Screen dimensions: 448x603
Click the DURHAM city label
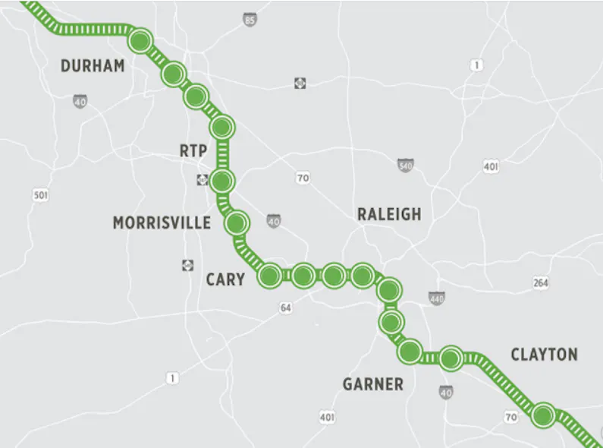[93, 66]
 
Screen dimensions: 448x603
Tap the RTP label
[193, 151]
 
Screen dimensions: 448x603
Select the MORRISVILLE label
[162, 222]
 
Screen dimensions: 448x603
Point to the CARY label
[225, 279]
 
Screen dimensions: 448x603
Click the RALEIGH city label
[389, 214]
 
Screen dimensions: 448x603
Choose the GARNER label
[373, 384]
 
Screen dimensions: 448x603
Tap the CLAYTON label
[544, 355]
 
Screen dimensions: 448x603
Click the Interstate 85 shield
[250, 21]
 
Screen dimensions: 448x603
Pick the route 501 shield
[41, 195]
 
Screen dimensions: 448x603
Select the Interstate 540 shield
[406, 166]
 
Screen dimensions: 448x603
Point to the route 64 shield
[285, 308]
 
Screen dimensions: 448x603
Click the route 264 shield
[540, 282]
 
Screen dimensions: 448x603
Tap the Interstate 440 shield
[437, 298]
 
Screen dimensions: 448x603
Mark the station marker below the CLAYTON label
[542, 415]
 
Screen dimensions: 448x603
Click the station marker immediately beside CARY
[269, 276]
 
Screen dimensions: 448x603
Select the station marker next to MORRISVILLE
[237, 222]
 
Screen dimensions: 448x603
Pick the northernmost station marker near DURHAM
[140, 40]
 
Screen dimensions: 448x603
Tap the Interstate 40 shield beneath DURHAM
[80, 100]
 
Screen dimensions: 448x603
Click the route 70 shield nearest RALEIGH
[303, 178]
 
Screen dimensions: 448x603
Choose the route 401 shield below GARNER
[327, 417]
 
